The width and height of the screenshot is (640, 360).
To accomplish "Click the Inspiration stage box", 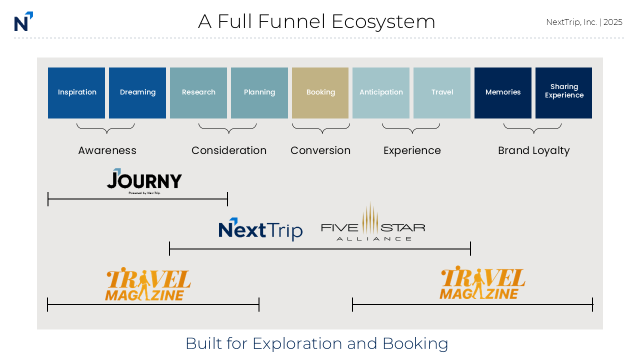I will coord(76,93).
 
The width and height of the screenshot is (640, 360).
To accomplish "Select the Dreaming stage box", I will coord(137,93).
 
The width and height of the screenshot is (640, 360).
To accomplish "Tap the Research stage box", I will coord(198,93).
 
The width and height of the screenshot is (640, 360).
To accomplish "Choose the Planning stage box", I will coord(259,93).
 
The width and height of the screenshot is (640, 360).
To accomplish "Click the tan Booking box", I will coord(320,93).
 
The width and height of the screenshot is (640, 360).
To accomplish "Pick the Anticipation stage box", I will coord(381,93).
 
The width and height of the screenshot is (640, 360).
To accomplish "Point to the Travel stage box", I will coord(442,93).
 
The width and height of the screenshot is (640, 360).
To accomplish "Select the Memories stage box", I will coord(503,93).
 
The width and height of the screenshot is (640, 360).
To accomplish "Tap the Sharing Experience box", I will coord(564,93).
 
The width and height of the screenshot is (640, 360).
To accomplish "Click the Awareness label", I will coord(107,150).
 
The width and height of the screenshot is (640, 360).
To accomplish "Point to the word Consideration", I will coord(229,150).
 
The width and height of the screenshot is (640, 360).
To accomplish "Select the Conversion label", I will coord(320,150).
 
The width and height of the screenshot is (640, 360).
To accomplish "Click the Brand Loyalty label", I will coord(533,150).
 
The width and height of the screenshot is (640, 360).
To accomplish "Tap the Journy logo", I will coord(144,180).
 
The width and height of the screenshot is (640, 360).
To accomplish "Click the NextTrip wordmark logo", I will coord(260,229).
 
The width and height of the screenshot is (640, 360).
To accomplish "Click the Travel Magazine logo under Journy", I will coord(148,284).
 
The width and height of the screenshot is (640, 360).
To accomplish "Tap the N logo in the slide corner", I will coord(23,21).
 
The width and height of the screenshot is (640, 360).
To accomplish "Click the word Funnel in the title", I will coord(271,21).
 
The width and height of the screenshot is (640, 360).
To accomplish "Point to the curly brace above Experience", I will coord(411,129).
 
